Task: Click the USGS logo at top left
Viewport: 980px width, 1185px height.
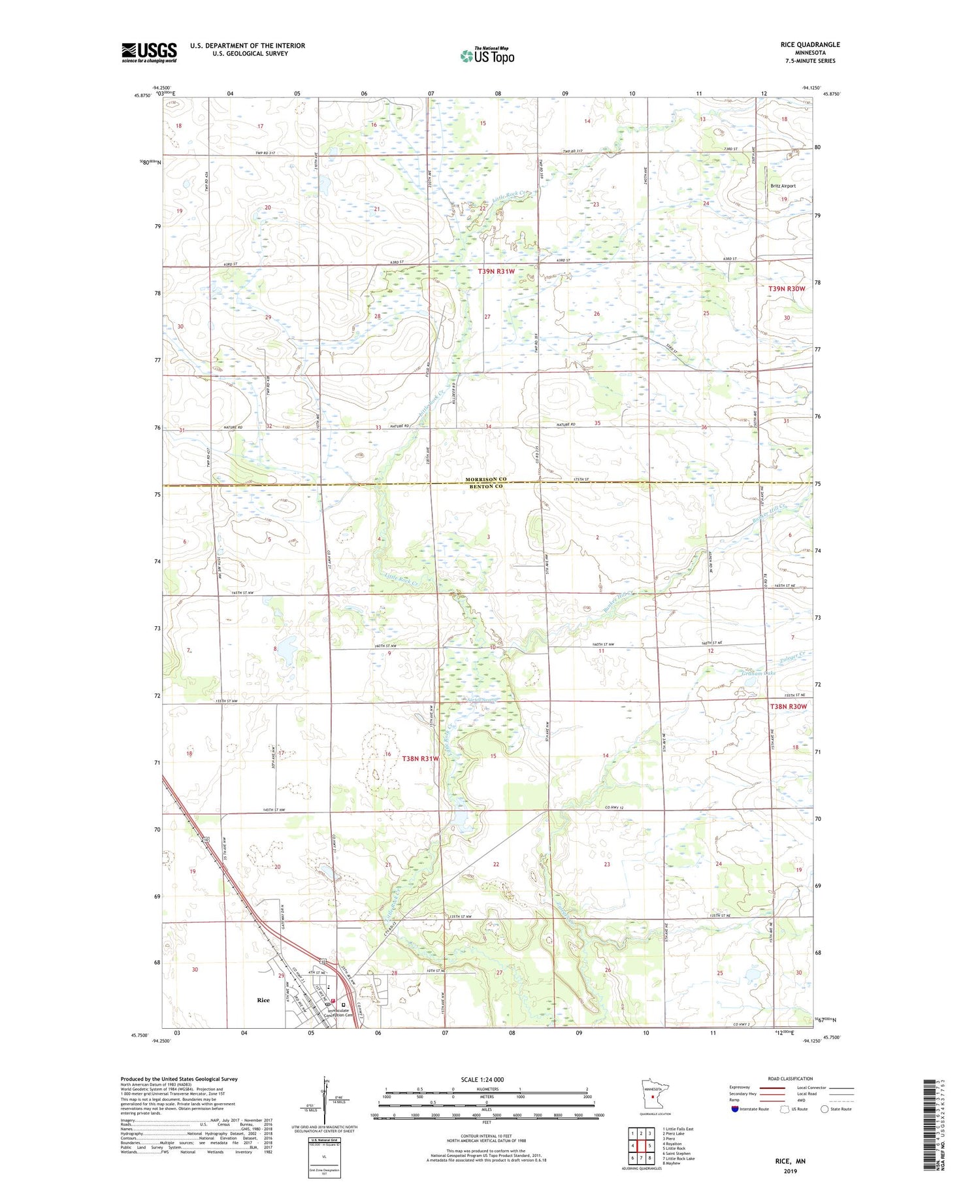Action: pos(149,52)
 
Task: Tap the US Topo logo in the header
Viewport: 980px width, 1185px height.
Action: pos(487,56)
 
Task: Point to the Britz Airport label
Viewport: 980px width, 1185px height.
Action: pos(783,186)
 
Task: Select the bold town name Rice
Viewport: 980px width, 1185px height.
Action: pos(263,999)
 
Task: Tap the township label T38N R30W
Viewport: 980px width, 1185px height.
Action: pos(788,707)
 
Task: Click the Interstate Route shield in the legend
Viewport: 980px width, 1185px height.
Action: pos(734,1109)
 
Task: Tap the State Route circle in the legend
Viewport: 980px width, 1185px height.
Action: pos(825,1109)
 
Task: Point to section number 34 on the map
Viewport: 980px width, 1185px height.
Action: pos(488,427)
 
